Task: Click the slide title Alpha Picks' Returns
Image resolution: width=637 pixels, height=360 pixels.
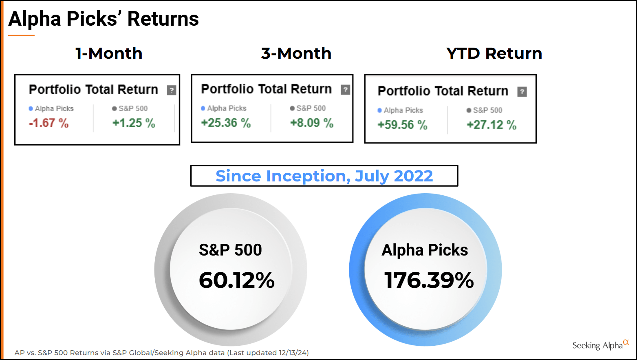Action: pyautogui.click(x=104, y=19)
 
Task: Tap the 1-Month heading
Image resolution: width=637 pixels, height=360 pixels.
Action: pyautogui.click(x=109, y=53)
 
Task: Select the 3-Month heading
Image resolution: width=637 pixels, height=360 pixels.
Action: pyautogui.click(x=296, y=53)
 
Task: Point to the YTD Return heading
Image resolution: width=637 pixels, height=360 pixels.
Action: pyautogui.click(x=494, y=53)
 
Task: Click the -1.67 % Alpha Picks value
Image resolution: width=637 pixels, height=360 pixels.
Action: pyautogui.click(x=48, y=123)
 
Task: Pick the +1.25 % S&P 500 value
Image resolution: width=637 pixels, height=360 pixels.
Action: pyautogui.click(x=134, y=123)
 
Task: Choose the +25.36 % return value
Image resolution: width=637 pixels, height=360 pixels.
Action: pyautogui.click(x=225, y=123)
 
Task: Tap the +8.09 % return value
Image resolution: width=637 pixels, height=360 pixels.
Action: pyautogui.click(x=311, y=123)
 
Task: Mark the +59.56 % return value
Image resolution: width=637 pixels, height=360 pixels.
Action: pyautogui.click(x=402, y=125)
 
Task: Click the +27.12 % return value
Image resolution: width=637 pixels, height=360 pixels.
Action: pyautogui.click(x=491, y=125)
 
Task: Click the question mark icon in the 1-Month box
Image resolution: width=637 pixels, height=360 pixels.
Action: pyautogui.click(x=172, y=90)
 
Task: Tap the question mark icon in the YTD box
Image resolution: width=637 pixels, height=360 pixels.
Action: pyautogui.click(x=522, y=92)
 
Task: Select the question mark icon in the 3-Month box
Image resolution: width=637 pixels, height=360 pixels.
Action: pyautogui.click(x=345, y=90)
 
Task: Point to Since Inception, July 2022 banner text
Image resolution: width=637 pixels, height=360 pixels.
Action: pyautogui.click(x=324, y=176)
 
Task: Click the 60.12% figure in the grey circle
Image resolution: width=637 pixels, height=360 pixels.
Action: pyautogui.click(x=236, y=280)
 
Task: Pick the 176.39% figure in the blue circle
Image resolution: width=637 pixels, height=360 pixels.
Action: pyautogui.click(x=429, y=280)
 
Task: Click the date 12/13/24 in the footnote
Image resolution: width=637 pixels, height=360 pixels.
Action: pyautogui.click(x=293, y=353)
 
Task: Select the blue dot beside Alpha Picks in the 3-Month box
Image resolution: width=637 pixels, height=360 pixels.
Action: pyautogui.click(x=203, y=108)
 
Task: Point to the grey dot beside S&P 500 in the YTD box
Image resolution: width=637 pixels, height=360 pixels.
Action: pyautogui.click(x=469, y=110)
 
